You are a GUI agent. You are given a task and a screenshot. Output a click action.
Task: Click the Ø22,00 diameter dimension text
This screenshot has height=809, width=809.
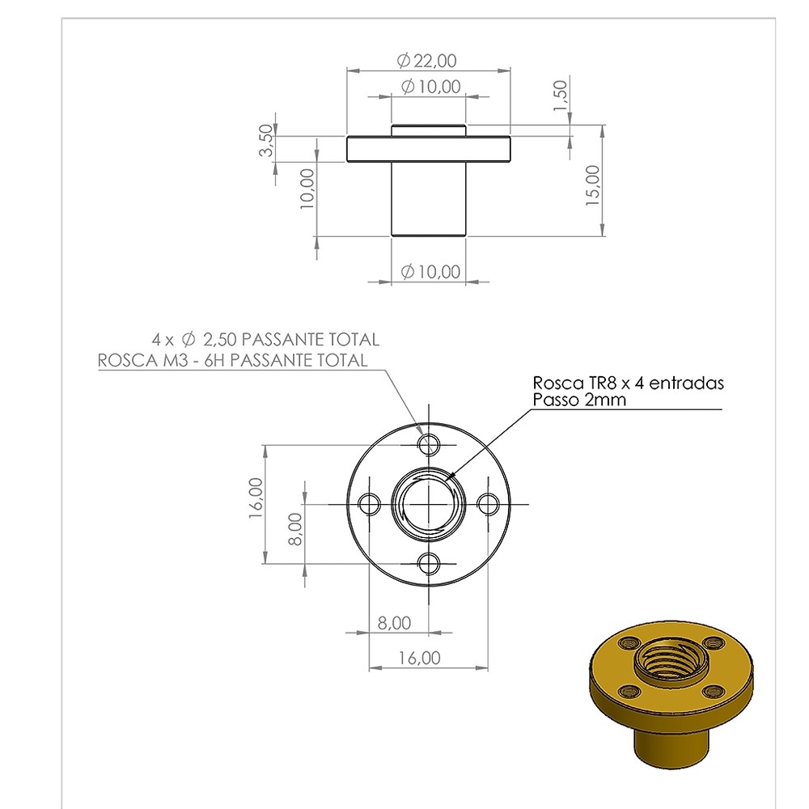point(426,61)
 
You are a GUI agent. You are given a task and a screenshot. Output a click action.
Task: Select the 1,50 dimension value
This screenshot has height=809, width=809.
point(560,95)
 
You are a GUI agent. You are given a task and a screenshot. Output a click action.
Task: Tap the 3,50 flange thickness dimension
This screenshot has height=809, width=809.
point(266,140)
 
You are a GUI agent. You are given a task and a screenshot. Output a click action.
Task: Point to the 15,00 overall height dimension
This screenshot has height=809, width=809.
point(593,185)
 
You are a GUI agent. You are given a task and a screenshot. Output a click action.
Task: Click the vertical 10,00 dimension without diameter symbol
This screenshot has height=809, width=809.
point(307,188)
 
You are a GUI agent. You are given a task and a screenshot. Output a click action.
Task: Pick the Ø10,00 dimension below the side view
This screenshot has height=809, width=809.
point(431,271)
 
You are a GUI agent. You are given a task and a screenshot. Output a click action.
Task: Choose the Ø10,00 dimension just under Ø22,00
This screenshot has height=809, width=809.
point(431,87)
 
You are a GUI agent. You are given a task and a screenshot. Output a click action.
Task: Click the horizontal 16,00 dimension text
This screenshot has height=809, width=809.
point(419,658)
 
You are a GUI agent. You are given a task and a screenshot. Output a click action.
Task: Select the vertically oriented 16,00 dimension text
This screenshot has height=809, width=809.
point(256,498)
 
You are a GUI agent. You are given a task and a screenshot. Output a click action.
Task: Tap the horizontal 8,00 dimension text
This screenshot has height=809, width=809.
point(394,623)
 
